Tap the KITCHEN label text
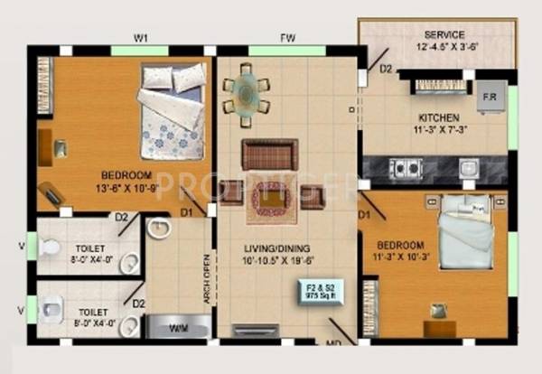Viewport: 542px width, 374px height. (x=439, y=118)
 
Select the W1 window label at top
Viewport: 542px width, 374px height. (x=141, y=37)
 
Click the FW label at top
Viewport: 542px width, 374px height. (x=286, y=37)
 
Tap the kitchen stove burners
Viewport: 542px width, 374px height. (x=405, y=167)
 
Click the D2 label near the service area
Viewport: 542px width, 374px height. (x=386, y=69)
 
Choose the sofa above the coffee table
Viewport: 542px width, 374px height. (x=269, y=154)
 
